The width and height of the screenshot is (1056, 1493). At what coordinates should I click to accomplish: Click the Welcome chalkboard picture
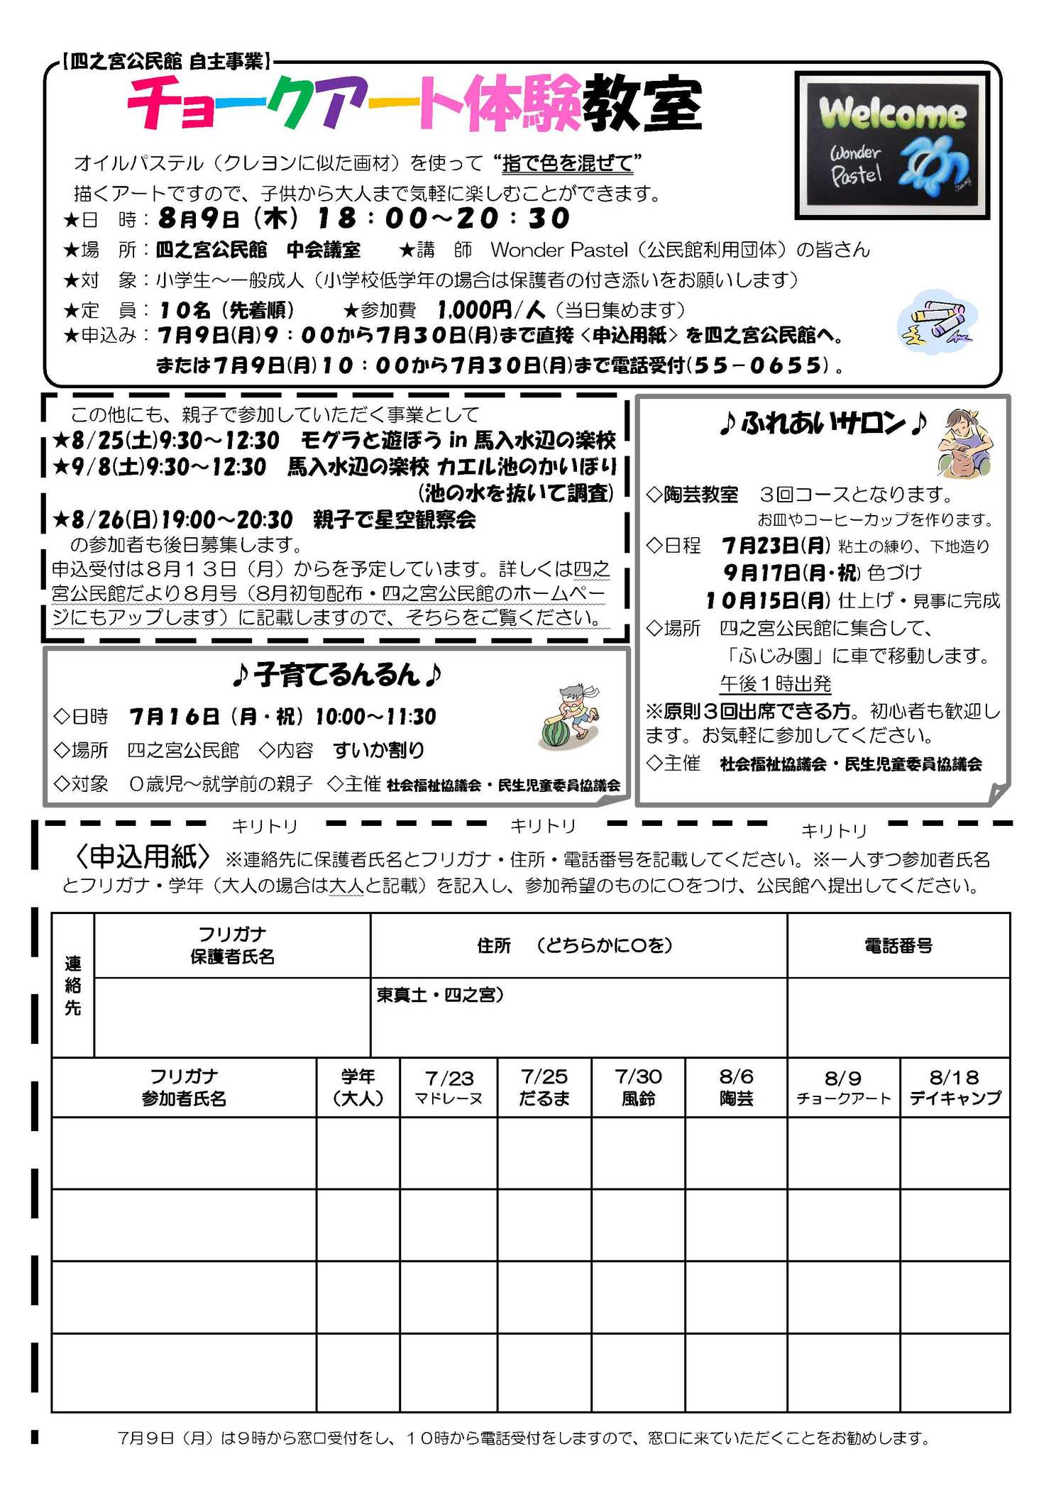point(892,145)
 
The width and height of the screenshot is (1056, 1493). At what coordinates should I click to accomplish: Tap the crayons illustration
point(937,322)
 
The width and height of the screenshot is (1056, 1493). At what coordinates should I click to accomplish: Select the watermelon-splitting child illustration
point(570,717)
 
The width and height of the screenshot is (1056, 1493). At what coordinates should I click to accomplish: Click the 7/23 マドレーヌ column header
point(449,1087)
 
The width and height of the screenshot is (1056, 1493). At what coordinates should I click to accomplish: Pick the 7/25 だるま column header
point(544,1087)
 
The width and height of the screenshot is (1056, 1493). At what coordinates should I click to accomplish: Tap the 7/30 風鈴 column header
point(638,1087)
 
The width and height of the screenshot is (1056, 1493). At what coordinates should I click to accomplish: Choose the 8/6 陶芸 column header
point(736,1087)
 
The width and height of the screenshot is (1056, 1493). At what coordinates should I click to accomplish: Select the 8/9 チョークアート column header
point(843,1087)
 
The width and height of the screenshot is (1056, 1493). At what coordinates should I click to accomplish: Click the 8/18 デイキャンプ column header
point(955,1087)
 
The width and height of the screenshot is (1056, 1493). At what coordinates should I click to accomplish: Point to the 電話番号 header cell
point(898,945)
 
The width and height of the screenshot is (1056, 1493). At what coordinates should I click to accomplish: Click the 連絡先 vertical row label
point(73,985)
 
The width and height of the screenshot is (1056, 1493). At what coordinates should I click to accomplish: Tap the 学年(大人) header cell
point(358,1087)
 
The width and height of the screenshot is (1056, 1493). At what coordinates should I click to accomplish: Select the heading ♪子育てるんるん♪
point(337,675)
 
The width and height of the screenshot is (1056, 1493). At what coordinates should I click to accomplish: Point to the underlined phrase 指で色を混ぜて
point(567,163)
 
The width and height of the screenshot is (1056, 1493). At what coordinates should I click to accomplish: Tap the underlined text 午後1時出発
point(775,683)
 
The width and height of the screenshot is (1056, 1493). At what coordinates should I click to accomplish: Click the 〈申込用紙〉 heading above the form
point(143,857)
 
